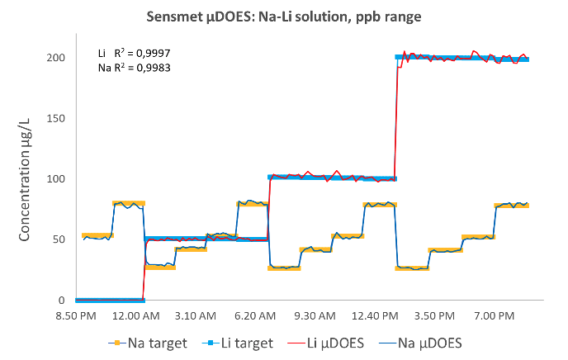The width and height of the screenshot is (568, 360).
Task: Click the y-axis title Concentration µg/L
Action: tap(25, 179)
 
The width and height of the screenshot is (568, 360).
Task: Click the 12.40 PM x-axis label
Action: tap(372, 315)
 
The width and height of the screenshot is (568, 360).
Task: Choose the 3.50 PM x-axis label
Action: tap(429, 315)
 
